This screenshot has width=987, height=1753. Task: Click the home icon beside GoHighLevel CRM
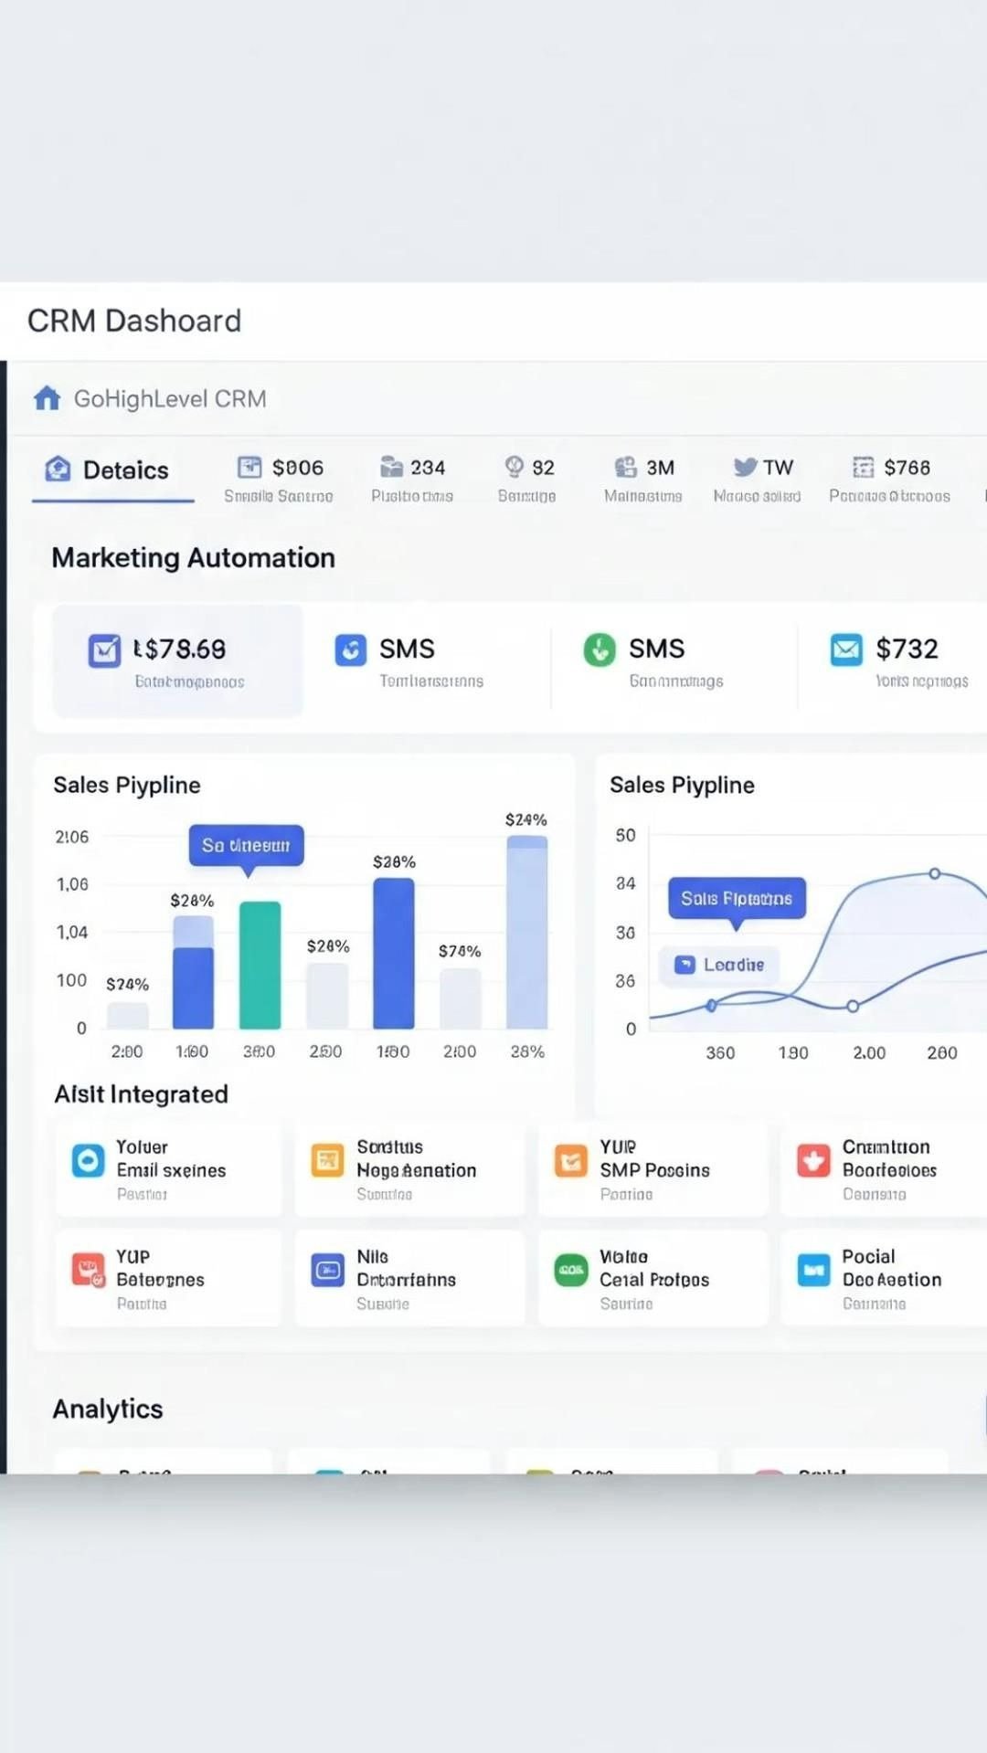point(47,398)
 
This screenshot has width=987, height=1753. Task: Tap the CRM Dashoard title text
point(134,321)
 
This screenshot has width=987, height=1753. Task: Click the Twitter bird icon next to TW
point(745,467)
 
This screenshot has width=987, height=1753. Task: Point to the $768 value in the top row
point(907,468)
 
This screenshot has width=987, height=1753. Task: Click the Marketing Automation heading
point(193,557)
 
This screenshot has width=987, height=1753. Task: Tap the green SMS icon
point(600,649)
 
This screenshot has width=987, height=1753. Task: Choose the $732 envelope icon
point(846,649)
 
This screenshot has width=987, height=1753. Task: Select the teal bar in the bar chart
point(260,965)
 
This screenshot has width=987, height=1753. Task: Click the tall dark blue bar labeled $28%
point(394,953)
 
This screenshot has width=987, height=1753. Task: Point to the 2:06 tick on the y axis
point(72,837)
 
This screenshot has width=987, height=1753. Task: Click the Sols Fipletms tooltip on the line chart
point(737,899)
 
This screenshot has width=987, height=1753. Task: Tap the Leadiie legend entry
point(720,965)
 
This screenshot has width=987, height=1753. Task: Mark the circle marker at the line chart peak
point(935,873)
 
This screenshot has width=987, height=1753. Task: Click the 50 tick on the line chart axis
point(625,835)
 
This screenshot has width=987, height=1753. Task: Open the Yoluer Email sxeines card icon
point(88,1160)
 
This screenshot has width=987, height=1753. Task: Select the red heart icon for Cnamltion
point(813,1160)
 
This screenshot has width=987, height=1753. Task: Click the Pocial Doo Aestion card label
point(891,1268)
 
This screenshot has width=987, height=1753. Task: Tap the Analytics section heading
point(108,1409)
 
